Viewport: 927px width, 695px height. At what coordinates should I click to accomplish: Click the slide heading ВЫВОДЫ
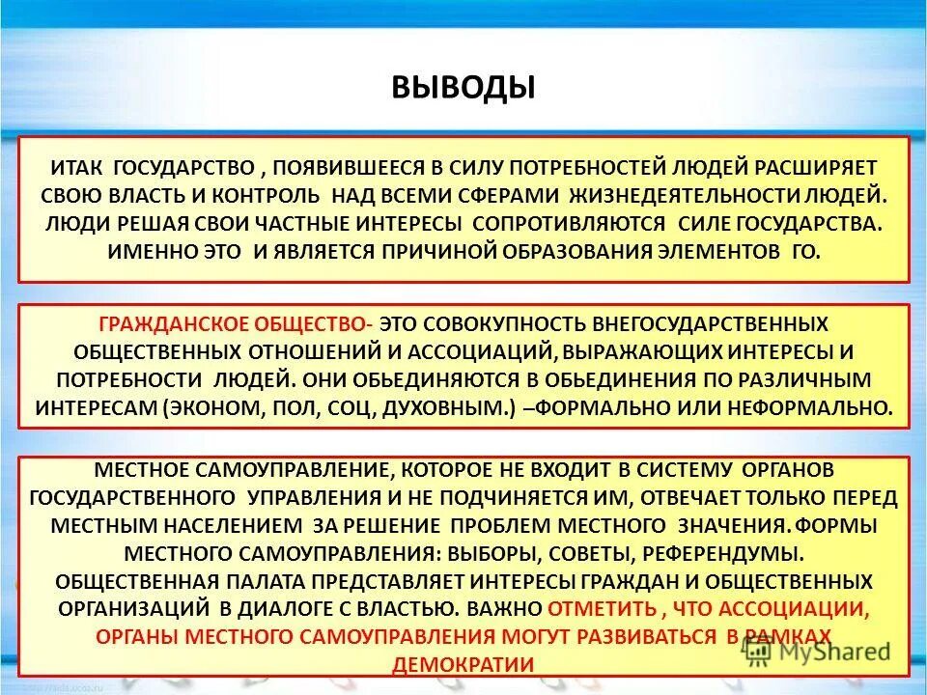[463, 87]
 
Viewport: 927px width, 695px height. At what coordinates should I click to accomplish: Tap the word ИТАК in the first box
[78, 165]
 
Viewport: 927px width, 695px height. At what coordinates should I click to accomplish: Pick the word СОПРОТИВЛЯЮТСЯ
[569, 224]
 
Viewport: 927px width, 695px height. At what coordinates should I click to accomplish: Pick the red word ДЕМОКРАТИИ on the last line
[463, 665]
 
